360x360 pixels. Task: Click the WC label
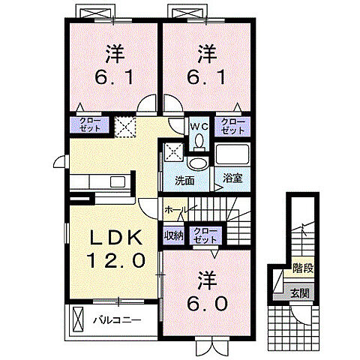tap(197, 127)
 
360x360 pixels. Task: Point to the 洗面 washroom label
tap(185, 180)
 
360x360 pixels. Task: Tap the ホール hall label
tap(175, 210)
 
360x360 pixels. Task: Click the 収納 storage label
tap(173, 235)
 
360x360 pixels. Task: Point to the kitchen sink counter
tap(102, 182)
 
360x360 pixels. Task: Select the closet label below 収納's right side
tap(202, 235)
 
